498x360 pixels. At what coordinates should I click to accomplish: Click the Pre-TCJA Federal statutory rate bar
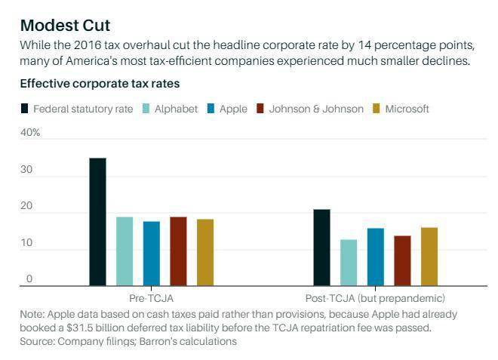pyautogui.click(x=98, y=222)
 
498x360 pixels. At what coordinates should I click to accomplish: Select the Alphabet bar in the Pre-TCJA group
pyautogui.click(x=124, y=251)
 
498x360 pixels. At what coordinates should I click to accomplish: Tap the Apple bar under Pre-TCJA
pyautogui.click(x=152, y=254)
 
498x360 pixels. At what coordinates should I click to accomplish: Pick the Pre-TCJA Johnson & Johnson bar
pyautogui.click(x=179, y=251)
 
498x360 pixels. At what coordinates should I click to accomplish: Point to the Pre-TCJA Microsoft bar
pyautogui.click(x=205, y=253)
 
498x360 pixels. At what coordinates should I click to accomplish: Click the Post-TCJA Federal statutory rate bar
pyautogui.click(x=321, y=248)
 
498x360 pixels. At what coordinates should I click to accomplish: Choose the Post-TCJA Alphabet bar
pyautogui.click(x=349, y=263)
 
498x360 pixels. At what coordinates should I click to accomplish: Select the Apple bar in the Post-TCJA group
pyautogui.click(x=376, y=257)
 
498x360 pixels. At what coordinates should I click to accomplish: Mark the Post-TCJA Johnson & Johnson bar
pyautogui.click(x=402, y=261)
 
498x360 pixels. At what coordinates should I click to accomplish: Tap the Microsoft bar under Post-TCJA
pyautogui.click(x=429, y=257)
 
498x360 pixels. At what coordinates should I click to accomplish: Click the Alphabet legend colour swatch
pyautogui.click(x=146, y=109)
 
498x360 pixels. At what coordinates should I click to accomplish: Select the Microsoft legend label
pyautogui.click(x=407, y=109)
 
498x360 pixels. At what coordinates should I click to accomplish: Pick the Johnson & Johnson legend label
pyautogui.click(x=316, y=109)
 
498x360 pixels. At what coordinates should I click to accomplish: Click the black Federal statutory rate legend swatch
pyautogui.click(x=24, y=109)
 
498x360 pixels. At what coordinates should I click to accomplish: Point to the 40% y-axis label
pyautogui.click(x=30, y=133)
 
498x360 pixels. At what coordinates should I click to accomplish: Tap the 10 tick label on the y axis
pyautogui.click(x=26, y=243)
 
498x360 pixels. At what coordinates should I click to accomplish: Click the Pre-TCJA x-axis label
pyautogui.click(x=151, y=298)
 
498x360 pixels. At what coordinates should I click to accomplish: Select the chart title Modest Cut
pyautogui.click(x=65, y=26)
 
